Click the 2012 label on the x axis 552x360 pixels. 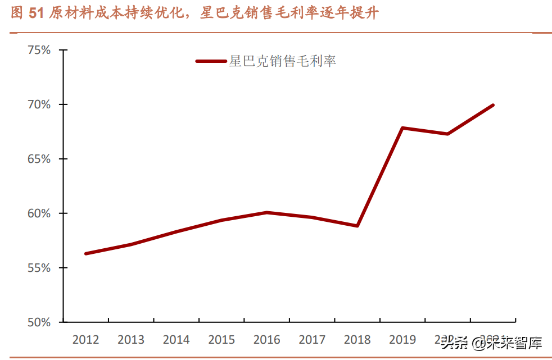[85, 340]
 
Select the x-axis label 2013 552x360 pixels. [131, 340]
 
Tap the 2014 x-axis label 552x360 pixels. [176, 340]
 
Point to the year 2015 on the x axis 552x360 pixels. [221, 340]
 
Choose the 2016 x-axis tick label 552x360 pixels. [266, 340]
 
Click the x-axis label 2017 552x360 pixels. [312, 340]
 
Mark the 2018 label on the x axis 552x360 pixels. [358, 340]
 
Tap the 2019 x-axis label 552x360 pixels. [402, 340]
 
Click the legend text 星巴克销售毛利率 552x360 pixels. [282, 62]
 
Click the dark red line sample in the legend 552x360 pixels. [211, 61]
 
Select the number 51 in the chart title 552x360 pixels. [35, 14]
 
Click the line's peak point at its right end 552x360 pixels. [493, 105]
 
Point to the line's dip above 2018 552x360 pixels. [358, 226]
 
